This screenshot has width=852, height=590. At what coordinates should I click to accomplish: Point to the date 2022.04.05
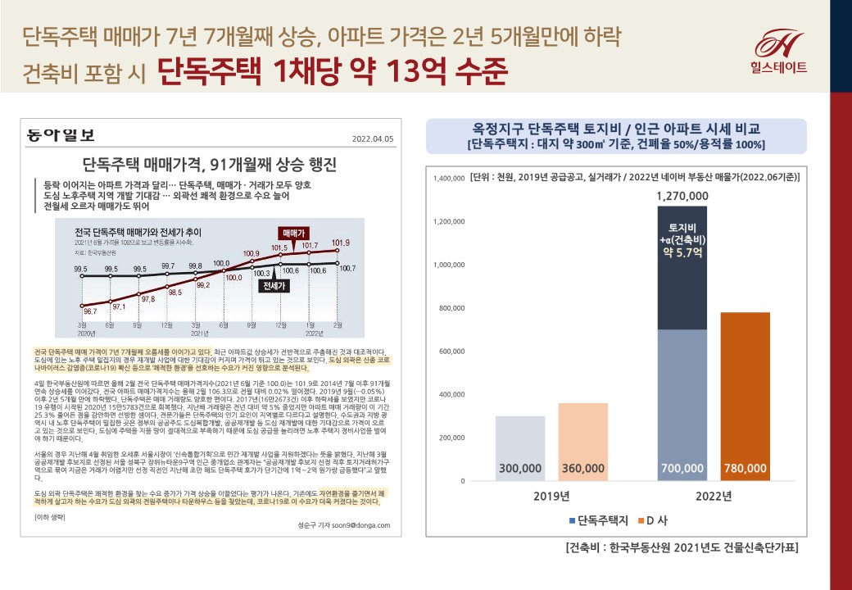tap(373, 138)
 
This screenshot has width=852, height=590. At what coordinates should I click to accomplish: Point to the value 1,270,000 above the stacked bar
tap(682, 196)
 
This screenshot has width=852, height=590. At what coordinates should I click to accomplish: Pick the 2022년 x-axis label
tap(714, 497)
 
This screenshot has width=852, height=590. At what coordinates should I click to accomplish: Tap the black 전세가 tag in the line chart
tap(274, 286)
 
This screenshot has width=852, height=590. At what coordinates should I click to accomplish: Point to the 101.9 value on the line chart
tap(340, 243)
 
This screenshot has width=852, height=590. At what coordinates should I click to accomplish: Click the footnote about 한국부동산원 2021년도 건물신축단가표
tap(682, 547)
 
